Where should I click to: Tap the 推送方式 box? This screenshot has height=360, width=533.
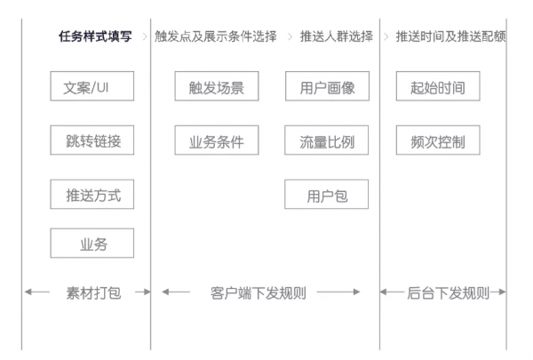coord(92,194)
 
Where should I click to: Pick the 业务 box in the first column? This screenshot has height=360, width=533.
coord(92,244)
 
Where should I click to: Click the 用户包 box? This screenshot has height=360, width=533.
coord(326,194)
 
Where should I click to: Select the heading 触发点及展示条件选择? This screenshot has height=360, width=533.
coord(216,37)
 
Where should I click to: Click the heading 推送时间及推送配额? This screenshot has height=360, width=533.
coord(450,37)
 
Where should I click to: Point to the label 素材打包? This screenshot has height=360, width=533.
coord(92,292)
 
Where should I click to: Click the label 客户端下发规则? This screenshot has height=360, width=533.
coord(259,292)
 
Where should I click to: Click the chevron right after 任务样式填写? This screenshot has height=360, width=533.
coord(143,37)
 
